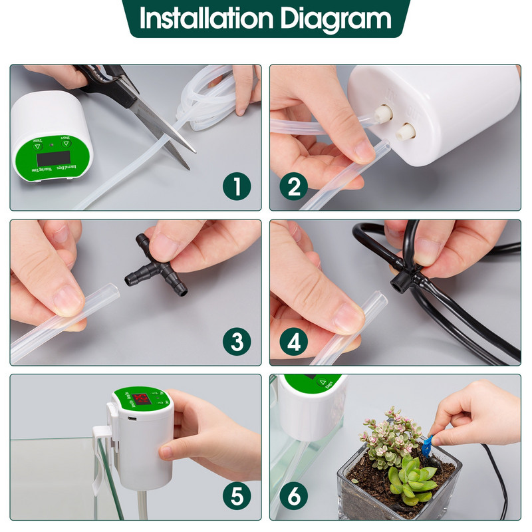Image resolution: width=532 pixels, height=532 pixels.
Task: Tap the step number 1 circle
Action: pos(237,187)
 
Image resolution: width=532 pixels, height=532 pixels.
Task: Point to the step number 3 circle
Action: pos(237,342)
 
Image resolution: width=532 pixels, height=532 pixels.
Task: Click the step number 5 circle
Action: pos(237,496)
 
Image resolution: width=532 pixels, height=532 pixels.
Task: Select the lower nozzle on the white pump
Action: pos(404,130)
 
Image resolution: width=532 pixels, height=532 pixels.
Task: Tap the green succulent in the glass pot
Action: pos(412,479)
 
